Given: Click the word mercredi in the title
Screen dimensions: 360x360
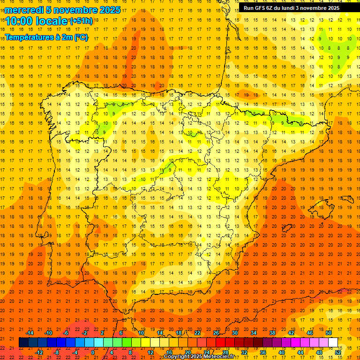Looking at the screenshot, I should click(x=24, y=10).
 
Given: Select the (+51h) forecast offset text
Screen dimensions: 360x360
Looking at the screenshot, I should click(x=81, y=21).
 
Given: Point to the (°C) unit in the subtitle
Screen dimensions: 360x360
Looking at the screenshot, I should click(x=81, y=37).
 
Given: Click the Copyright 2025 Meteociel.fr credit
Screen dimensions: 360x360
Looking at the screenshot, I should click(x=199, y=357).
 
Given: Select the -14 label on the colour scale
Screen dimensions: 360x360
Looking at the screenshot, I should click(x=29, y=333).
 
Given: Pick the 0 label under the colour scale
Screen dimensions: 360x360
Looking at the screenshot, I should click(x=92, y=352).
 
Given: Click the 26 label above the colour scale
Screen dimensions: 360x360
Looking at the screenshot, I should click(x=216, y=333).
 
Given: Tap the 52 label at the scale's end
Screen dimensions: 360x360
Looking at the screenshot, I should click(x=338, y=352).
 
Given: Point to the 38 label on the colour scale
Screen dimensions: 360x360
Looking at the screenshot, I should click(x=272, y=333).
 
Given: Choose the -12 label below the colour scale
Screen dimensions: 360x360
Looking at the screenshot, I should click(x=39, y=352).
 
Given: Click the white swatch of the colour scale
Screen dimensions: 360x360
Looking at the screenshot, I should click(x=333, y=343).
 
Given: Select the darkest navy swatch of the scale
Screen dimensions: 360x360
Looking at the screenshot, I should click(x=23, y=343).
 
